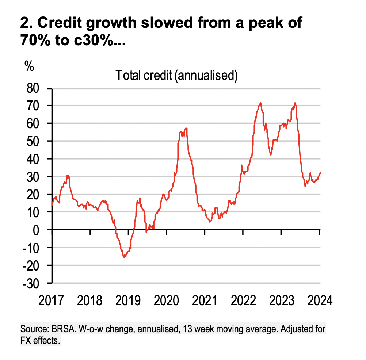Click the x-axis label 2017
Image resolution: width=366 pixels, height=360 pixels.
pos(51,302)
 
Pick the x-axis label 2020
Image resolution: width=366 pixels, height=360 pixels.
pos(167,302)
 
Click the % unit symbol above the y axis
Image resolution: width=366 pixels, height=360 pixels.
pos(29,67)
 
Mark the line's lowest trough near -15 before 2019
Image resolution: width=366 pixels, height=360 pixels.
pos(124,257)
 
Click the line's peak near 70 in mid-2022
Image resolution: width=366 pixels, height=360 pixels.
pos(260,103)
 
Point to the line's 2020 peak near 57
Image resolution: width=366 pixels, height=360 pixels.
pos(186,128)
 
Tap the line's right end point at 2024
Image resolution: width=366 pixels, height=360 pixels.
pos(320,173)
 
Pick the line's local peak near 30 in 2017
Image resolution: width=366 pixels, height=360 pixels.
pos(68,176)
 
